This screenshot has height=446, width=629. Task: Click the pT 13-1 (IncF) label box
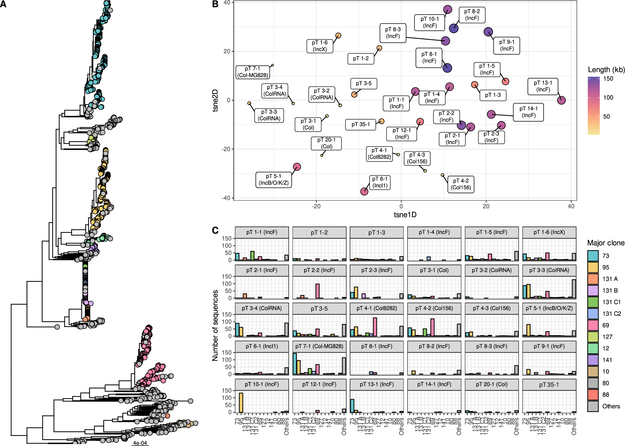tap(543, 86)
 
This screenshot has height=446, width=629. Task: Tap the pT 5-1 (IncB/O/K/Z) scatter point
tap(297, 167)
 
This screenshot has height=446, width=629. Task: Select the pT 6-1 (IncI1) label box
tap(380, 182)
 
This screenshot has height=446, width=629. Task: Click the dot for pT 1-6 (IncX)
tap(338, 36)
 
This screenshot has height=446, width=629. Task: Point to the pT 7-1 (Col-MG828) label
tap(253, 72)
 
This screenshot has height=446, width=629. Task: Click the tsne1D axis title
tap(405, 215)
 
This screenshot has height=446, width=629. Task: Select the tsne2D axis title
tap(215, 100)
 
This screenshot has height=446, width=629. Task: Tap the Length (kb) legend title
tap(606, 70)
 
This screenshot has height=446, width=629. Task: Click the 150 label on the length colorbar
tap(608, 79)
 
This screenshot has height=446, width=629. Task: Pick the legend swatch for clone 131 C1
tap(593, 302)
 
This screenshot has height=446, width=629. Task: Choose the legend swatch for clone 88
tap(593, 394)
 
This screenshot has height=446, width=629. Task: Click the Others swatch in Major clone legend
tap(593, 406)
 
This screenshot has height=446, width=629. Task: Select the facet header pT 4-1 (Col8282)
tap(376, 308)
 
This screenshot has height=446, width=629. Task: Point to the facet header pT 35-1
tap(549, 384)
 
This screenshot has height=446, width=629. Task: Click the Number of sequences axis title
tap(215, 325)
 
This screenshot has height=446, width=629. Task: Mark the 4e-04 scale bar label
tap(140, 443)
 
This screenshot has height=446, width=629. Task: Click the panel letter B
tap(215, 4)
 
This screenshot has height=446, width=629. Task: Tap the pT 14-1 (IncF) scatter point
tap(491, 114)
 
